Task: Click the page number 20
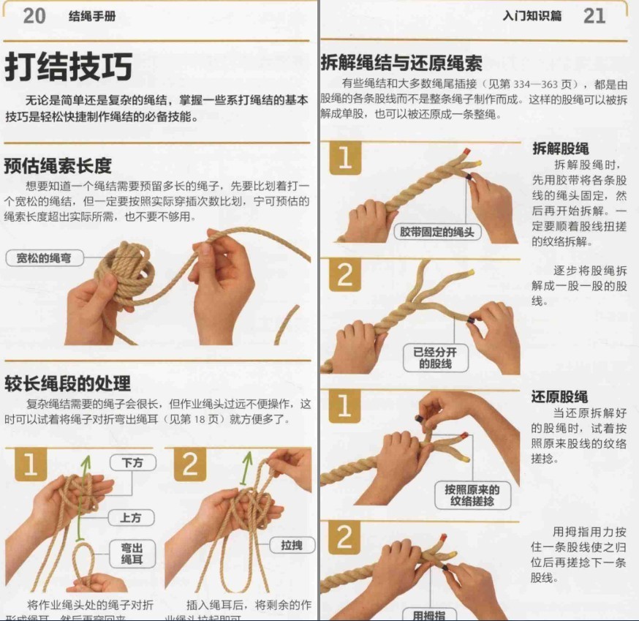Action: (34, 15)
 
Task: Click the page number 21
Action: (594, 15)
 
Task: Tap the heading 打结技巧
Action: (69, 67)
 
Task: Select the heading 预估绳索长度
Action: (58, 165)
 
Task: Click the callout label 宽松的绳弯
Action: (44, 258)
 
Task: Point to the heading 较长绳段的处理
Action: (67, 383)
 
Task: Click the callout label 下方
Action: (132, 463)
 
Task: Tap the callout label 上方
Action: (131, 518)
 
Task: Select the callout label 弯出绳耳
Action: (132, 553)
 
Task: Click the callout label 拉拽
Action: (292, 545)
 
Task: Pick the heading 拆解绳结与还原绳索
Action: (401, 63)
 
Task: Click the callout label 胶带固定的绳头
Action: (436, 233)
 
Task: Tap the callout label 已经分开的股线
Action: (435, 358)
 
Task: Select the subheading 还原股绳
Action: (559, 396)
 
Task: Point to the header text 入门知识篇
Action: (532, 16)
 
